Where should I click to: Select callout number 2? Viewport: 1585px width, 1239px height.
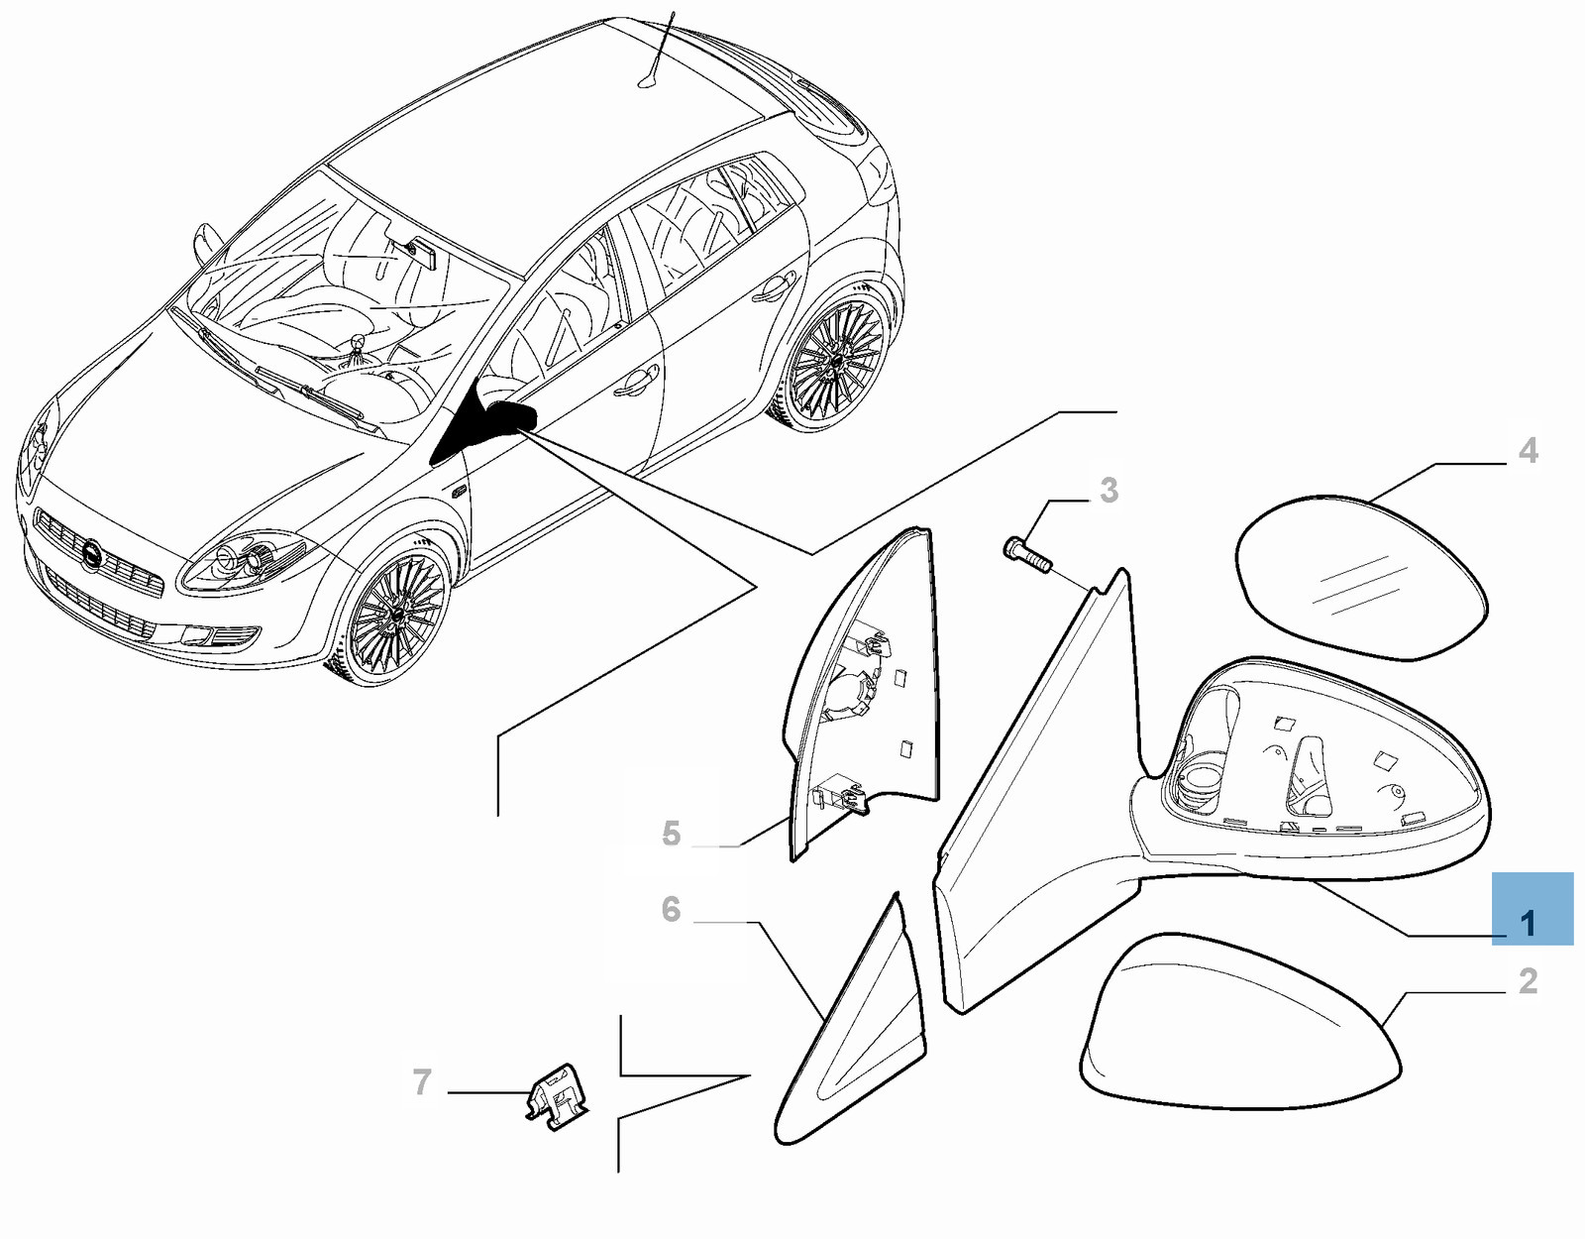[1528, 980]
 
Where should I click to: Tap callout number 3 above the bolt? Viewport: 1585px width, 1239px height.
[1108, 491]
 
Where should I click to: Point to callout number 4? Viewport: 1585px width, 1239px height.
[1528, 451]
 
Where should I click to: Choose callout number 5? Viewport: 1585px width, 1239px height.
[671, 834]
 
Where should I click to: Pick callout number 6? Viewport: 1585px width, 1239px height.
[671, 909]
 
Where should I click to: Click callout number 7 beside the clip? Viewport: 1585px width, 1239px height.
[422, 1082]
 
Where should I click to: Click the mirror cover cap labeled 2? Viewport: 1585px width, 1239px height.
[1239, 1030]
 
